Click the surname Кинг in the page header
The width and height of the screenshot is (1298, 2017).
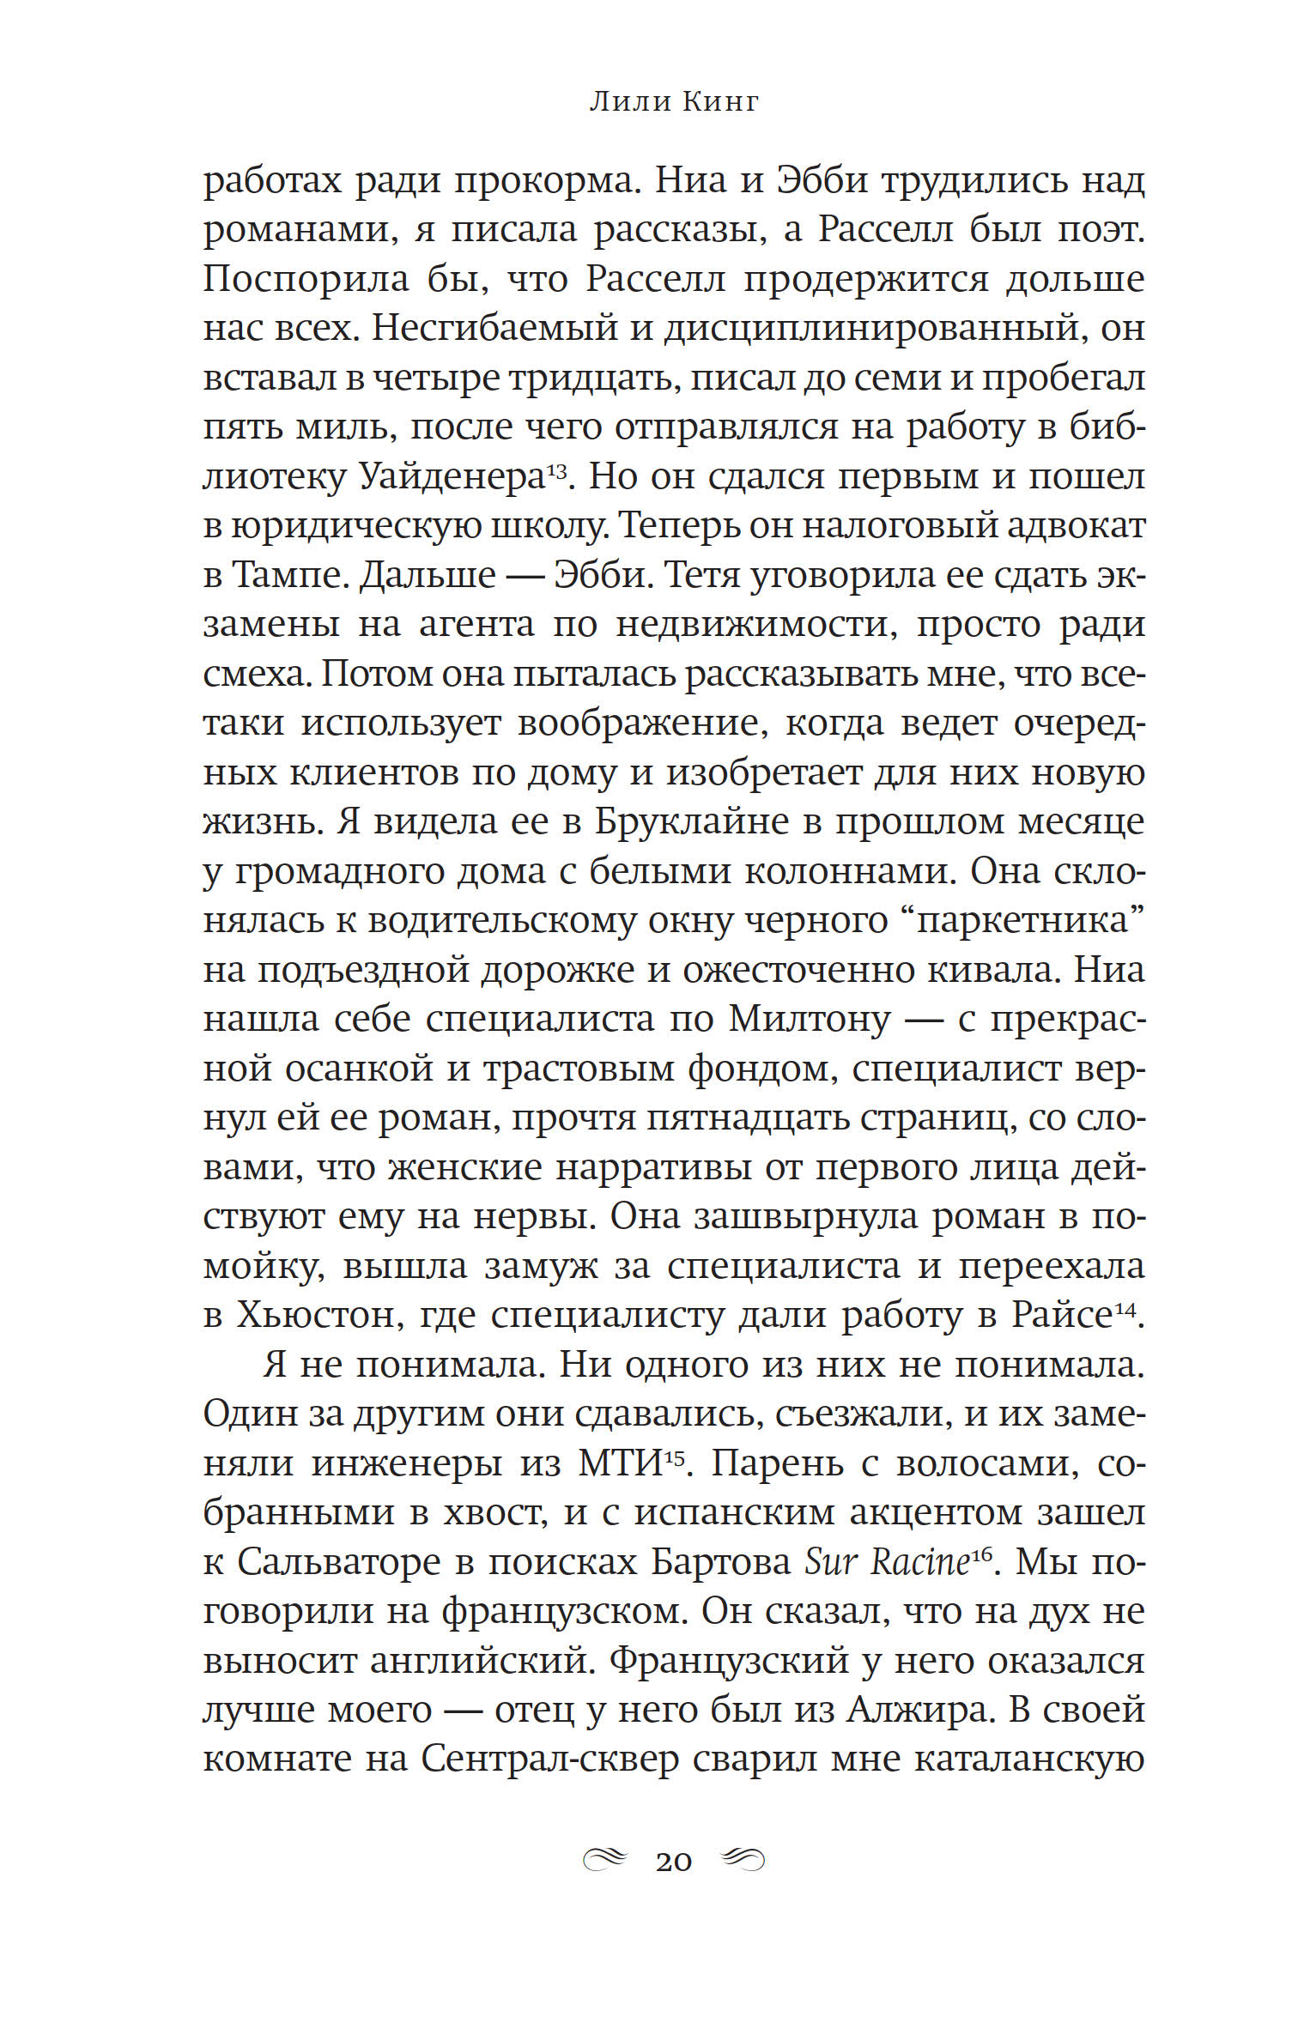(x=720, y=102)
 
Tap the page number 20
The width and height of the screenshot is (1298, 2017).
(x=673, y=1862)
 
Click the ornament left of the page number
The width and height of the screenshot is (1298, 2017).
(x=605, y=1860)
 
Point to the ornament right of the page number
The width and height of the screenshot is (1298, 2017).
(x=742, y=1860)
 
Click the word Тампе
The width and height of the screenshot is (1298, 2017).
(x=287, y=574)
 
